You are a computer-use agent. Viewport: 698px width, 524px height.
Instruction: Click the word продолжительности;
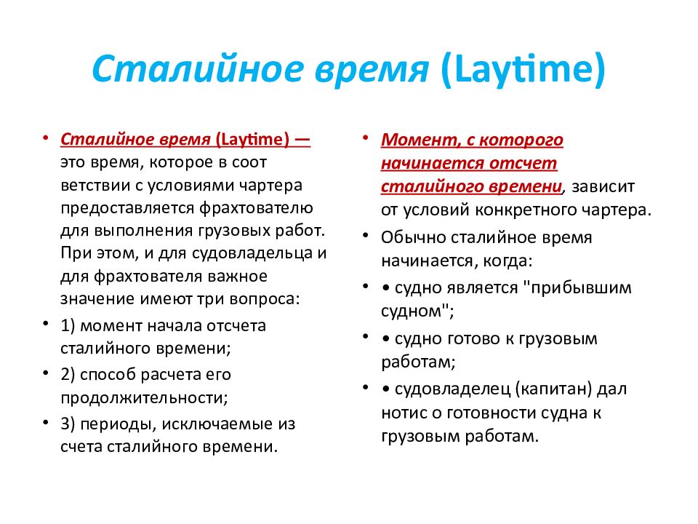[x=144, y=397]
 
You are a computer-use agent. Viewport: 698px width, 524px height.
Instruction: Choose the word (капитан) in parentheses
[x=553, y=389]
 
